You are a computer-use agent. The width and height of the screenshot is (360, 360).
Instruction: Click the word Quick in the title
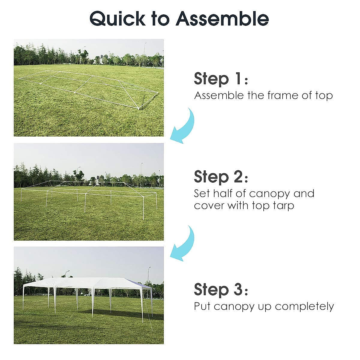pyautogui.click(x=117, y=19)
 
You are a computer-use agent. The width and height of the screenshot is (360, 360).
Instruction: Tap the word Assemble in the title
pyautogui.click(x=222, y=18)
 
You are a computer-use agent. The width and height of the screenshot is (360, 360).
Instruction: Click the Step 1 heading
pyautogui.click(x=220, y=79)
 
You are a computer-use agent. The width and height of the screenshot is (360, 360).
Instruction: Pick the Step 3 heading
pyautogui.click(x=220, y=289)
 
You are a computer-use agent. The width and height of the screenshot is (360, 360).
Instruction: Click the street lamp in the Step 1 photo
pyautogui.click(x=144, y=54)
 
